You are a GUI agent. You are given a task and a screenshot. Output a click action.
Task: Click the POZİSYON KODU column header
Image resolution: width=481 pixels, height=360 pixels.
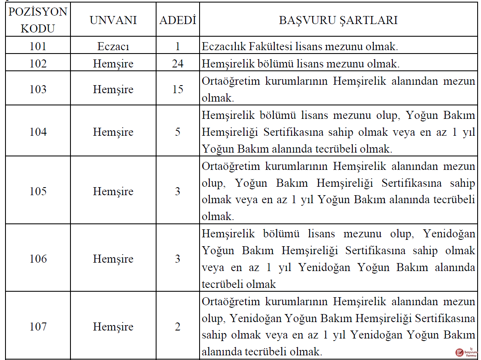pyautogui.click(x=38, y=20)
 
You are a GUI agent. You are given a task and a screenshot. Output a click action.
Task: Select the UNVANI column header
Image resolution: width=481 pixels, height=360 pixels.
pyautogui.click(x=113, y=21)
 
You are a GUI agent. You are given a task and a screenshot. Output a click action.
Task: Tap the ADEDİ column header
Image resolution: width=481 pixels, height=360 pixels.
pyautogui.click(x=178, y=21)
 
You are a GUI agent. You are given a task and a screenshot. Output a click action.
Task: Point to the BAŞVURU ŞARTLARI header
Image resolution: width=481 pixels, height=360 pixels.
pyautogui.click(x=338, y=21)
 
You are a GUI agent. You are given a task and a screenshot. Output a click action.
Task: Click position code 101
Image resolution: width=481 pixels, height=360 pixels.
pyautogui.click(x=38, y=46)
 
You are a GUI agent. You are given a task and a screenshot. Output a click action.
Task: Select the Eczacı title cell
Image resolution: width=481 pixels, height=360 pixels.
pyautogui.click(x=113, y=46)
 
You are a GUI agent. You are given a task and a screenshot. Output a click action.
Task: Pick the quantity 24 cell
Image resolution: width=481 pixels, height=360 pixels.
pyautogui.click(x=178, y=64)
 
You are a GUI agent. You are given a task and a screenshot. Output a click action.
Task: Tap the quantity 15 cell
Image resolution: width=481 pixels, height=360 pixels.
pyautogui.click(x=178, y=89)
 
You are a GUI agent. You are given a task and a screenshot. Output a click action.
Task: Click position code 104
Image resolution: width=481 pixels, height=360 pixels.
pyautogui.click(x=38, y=132)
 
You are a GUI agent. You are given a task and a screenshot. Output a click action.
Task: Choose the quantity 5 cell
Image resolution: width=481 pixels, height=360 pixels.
pyautogui.click(x=178, y=132)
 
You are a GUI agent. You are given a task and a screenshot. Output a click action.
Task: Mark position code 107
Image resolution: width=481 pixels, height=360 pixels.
pyautogui.click(x=38, y=327)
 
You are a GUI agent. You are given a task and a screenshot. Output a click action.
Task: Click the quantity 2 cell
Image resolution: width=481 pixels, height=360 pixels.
pyautogui.click(x=178, y=327)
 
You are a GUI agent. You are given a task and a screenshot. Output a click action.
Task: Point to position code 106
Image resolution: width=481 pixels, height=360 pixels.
pyautogui.click(x=38, y=259)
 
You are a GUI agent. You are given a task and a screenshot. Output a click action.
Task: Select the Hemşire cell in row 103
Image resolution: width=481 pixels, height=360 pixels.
pyautogui.click(x=113, y=89)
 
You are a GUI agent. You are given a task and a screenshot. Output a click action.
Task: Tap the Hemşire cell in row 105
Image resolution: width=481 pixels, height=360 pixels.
pyautogui.click(x=113, y=191)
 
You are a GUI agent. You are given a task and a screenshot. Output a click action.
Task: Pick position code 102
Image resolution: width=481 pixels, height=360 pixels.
pyautogui.click(x=38, y=64)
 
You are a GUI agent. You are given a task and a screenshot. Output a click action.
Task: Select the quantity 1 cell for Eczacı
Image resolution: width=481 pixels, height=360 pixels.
pyautogui.click(x=178, y=46)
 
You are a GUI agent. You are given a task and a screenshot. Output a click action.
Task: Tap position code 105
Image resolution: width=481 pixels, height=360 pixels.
pyautogui.click(x=38, y=191)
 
